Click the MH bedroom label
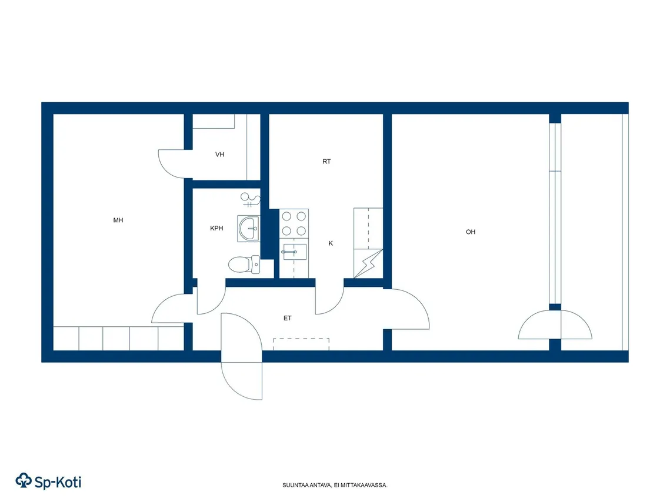(x=118, y=220)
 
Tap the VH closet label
(x=219, y=155)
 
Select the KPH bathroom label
(x=216, y=229)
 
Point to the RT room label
(x=326, y=161)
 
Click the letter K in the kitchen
(x=331, y=243)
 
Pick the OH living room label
(x=471, y=232)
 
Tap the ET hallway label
(x=288, y=318)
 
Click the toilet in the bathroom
(x=244, y=265)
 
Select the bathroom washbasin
(x=248, y=229)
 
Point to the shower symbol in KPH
(x=251, y=199)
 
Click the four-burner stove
(x=294, y=223)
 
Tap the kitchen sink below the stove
(x=294, y=252)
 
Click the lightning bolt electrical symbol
(x=368, y=263)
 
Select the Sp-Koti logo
(x=48, y=481)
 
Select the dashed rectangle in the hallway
(x=301, y=344)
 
